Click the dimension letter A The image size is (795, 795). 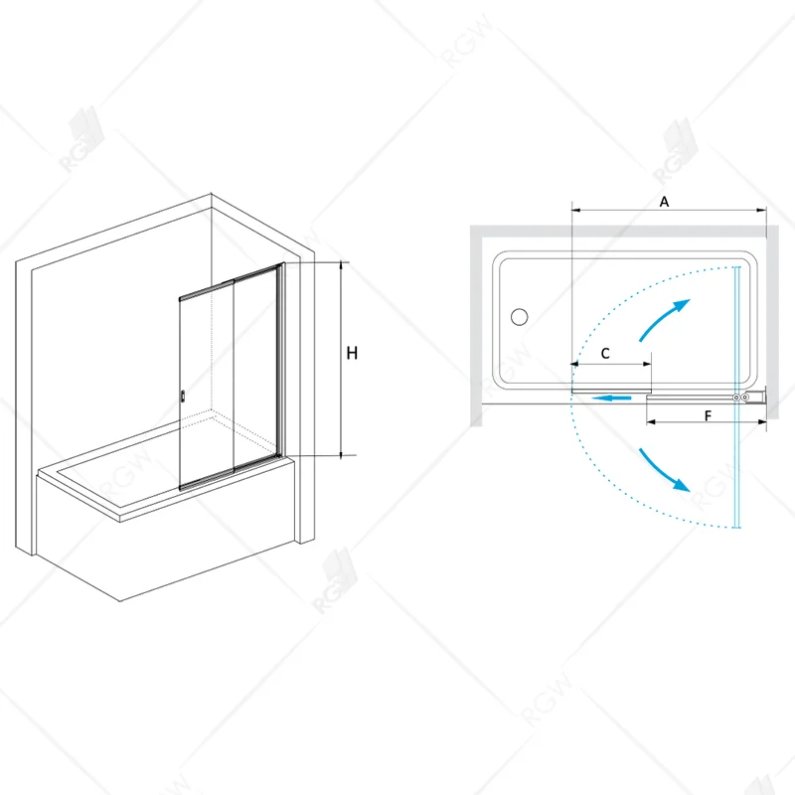point(664,202)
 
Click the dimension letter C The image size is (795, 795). point(605,354)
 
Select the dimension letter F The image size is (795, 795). point(708,415)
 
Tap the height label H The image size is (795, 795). point(352,353)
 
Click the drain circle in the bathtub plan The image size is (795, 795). point(519,317)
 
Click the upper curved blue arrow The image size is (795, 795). point(664,319)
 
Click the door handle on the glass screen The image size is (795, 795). point(183,397)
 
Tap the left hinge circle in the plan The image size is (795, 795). point(736,398)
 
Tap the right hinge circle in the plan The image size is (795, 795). point(744,398)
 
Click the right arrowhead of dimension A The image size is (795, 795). point(761,210)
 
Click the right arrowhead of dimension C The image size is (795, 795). point(647,364)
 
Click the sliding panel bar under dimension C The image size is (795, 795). point(611,391)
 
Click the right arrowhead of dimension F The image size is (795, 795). point(761,421)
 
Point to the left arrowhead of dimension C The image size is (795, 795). point(575,364)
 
